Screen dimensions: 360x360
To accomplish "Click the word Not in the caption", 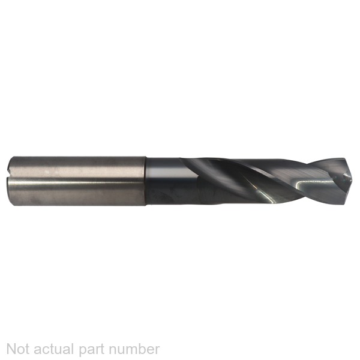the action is tap(19, 349).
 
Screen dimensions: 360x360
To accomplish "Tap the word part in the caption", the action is tap(92, 350).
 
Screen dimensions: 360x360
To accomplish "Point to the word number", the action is tap(134, 349).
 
